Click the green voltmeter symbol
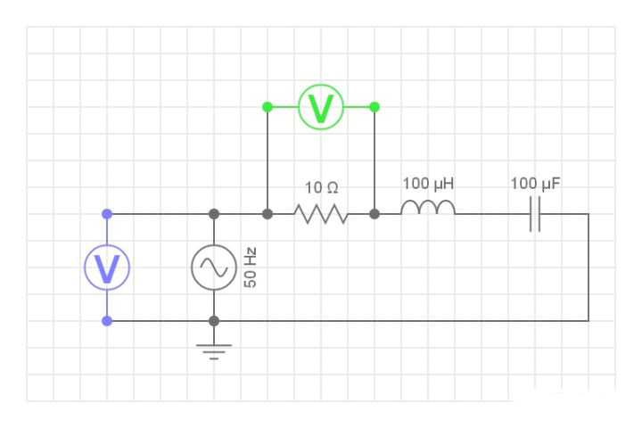coord(320,107)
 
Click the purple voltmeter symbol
coord(107,267)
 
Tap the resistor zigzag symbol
coord(320,214)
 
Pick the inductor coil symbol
coord(428,209)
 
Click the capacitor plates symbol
coord(535,214)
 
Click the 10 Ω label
coord(321,188)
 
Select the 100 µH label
coord(428,184)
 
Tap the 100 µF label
coord(536,184)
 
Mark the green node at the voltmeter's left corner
coord(267,107)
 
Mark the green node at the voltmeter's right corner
coord(374,107)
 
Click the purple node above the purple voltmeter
coord(107,214)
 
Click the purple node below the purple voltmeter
coord(107,321)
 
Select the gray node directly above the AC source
coord(214,214)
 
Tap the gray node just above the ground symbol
coord(214,321)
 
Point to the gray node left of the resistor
coord(267,214)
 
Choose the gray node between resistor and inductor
coord(374,214)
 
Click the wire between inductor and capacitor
coord(490,214)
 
